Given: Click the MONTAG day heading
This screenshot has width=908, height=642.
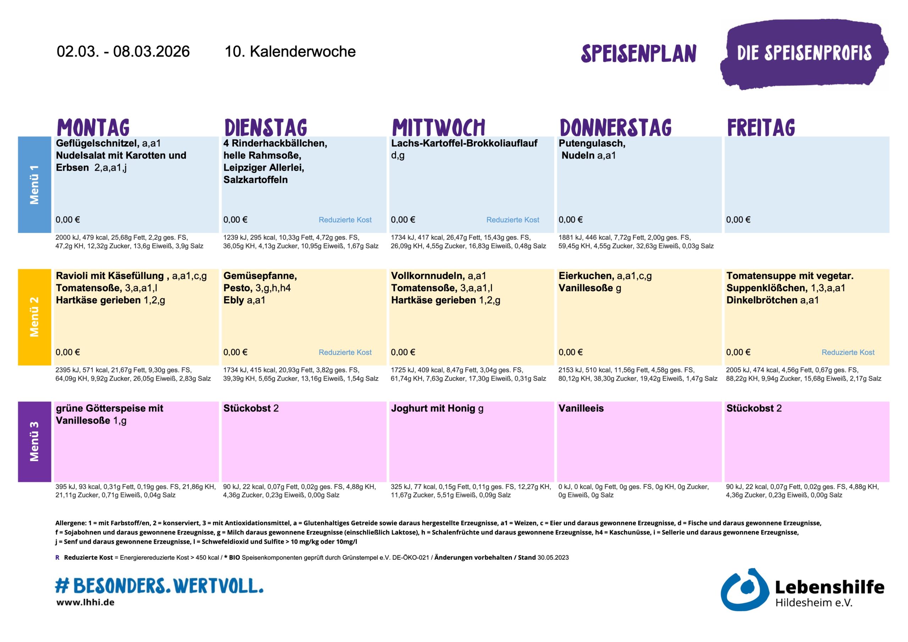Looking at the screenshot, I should click(x=93, y=127).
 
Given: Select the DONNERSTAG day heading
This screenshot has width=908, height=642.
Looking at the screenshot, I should click(x=615, y=127).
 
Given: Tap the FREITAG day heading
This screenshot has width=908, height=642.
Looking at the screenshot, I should click(x=761, y=127).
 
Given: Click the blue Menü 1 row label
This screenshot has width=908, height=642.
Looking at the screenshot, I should click(x=34, y=184).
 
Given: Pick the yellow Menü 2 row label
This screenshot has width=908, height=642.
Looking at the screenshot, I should click(x=34, y=317).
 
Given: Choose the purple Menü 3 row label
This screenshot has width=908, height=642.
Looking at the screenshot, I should click(x=34, y=442).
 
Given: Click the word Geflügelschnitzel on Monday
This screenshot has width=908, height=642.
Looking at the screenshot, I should click(x=97, y=143).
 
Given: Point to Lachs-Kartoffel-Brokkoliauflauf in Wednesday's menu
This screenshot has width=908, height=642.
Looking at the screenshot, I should click(x=464, y=143).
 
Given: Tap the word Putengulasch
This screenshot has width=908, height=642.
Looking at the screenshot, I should click(x=592, y=143).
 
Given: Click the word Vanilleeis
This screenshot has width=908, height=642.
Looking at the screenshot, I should click(x=581, y=408).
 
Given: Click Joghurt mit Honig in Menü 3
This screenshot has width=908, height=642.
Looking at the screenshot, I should click(x=433, y=408).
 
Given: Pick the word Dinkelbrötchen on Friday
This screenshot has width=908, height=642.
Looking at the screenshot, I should click(x=762, y=300).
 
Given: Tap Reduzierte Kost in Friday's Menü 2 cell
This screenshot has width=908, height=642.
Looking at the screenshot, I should click(x=848, y=352).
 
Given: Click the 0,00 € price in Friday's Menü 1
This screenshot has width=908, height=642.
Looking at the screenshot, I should click(x=738, y=220).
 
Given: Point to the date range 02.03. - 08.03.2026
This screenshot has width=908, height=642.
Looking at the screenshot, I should click(x=123, y=51).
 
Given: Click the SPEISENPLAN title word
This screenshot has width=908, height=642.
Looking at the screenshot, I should click(x=638, y=54).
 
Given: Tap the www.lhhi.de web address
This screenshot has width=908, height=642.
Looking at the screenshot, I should click(x=85, y=602).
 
